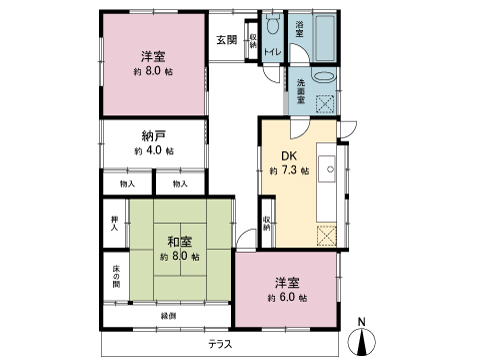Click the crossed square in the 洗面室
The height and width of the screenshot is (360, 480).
coord(326,102)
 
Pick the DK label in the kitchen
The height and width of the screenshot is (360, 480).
coord(289,155)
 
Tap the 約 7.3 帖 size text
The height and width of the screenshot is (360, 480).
coord(289,171)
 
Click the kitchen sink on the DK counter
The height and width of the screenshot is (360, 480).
coord(327,165)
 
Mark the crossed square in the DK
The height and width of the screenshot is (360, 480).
coord(326,235)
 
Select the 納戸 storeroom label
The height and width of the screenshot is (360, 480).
coord(153,134)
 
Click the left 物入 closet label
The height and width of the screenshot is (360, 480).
coord(127,184)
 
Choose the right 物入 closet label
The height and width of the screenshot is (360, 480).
coord(179,184)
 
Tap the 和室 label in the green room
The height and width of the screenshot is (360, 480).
coord(180,241)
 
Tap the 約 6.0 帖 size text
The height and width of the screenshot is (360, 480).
coord(287,298)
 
